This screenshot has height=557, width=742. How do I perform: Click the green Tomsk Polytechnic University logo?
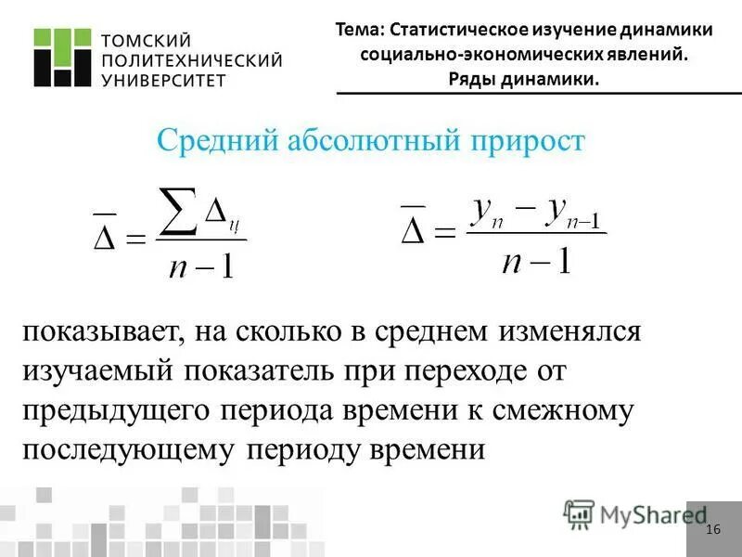click(62, 58)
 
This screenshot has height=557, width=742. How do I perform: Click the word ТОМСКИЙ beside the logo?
click(144, 40)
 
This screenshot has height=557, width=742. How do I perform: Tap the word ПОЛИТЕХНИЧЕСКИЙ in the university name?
click(190, 60)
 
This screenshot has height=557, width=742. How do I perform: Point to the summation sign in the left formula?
click(179, 208)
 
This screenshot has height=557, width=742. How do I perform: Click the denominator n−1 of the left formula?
click(201, 266)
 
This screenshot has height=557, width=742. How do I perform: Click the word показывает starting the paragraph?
click(102, 331)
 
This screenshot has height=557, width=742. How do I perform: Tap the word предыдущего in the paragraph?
click(118, 410)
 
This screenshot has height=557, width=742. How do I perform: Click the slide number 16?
click(712, 530)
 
